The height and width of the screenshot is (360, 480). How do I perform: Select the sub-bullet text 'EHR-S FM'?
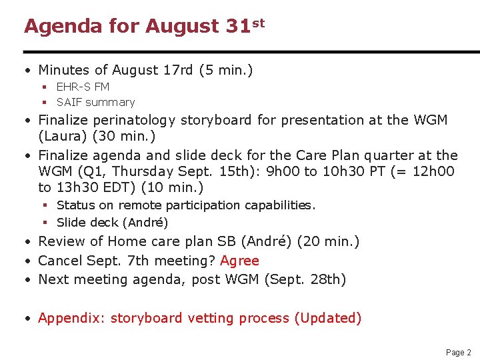(83, 87)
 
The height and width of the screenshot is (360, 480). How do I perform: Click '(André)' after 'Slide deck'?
(147, 222)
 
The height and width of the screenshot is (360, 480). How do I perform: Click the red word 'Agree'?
(239, 261)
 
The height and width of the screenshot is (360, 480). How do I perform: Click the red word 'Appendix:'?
(72, 318)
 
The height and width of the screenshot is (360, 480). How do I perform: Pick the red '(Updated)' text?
(327, 318)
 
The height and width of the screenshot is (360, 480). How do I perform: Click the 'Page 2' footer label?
(458, 352)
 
